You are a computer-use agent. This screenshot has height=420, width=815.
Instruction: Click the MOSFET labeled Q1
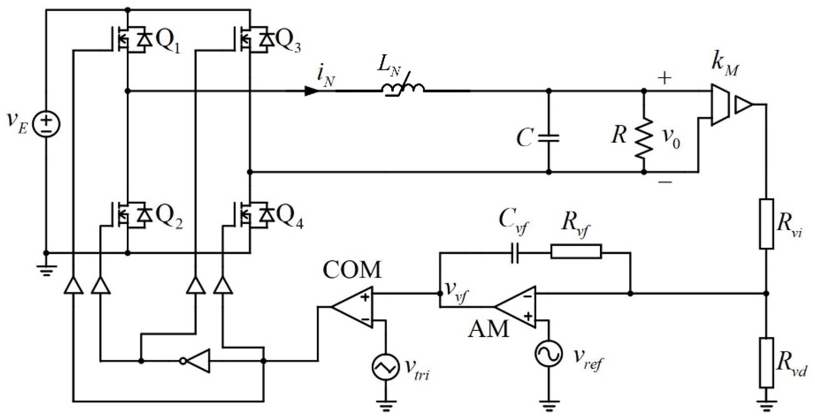(130, 40)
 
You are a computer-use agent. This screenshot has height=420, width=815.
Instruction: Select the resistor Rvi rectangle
(766, 224)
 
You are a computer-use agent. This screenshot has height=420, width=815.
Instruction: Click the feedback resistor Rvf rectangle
(576, 252)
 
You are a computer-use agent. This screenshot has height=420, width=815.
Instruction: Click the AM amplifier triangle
(517, 307)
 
